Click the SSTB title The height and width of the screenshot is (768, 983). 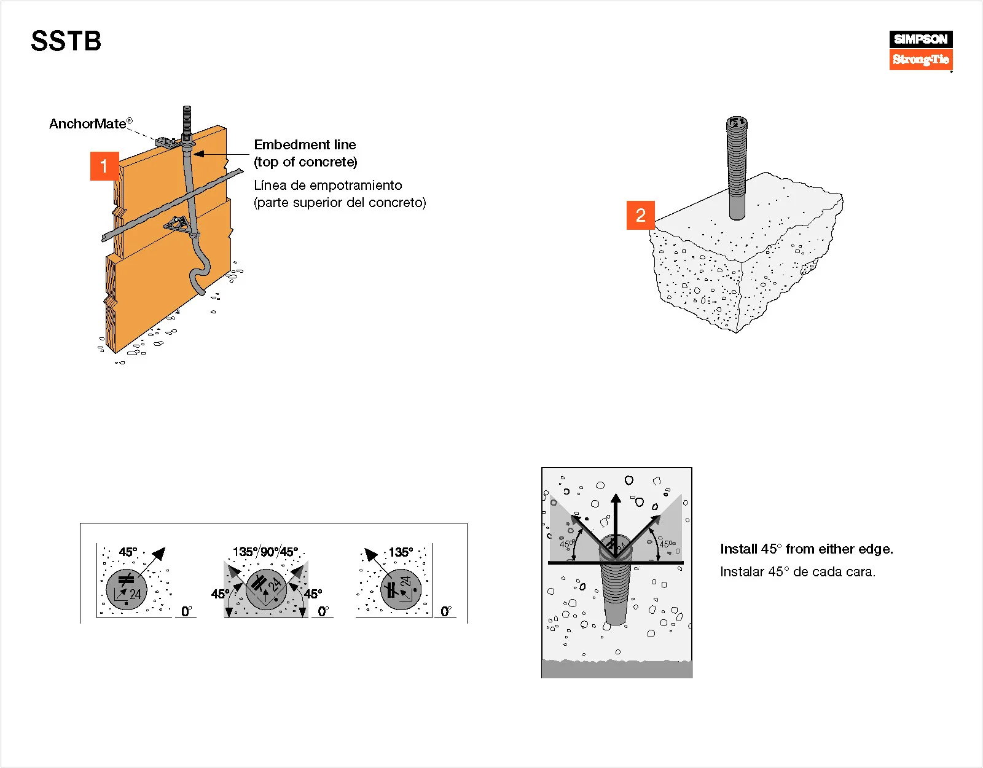pos(66,41)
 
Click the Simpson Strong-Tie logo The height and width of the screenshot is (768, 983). pos(920,50)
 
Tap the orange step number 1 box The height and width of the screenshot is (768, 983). pos(104,166)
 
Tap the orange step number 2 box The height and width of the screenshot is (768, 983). pos(640,215)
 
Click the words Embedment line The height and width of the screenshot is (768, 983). pos(305,145)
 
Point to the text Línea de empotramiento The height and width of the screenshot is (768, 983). pos(327,186)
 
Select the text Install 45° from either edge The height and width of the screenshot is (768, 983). pos(806,549)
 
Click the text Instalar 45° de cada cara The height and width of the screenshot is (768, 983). pos(797,572)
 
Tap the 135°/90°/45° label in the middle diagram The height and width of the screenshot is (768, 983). pos(265,552)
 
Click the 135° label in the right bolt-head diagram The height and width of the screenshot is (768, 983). pos(401,552)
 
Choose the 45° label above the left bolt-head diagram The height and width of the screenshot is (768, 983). pos(128,552)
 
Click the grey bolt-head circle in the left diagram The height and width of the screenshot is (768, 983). pos(127,589)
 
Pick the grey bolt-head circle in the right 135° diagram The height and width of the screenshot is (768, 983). pos(401,589)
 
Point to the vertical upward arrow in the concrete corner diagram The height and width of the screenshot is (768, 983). pos(616,522)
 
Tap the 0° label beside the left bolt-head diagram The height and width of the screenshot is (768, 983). pos(187,611)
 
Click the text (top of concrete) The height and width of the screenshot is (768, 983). pos(305,162)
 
